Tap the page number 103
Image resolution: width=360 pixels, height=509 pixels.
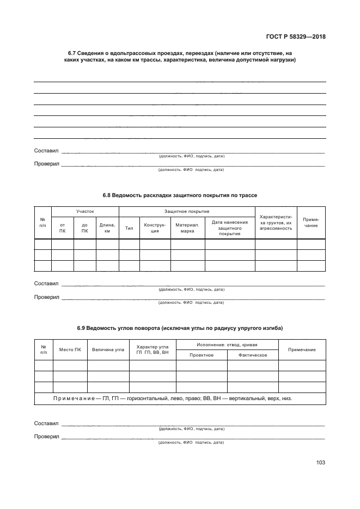point(320,463)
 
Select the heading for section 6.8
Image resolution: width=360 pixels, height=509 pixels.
point(180,195)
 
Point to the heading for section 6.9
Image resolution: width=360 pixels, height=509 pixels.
point(180,328)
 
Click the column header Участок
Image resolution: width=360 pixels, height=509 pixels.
point(85,211)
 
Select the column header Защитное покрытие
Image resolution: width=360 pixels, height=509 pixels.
point(187,211)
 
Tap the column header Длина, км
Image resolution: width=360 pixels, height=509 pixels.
point(107,228)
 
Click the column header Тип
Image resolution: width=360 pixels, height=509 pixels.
point(129,228)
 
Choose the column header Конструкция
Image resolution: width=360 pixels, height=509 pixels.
point(155,228)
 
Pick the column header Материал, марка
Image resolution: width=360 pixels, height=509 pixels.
point(187,228)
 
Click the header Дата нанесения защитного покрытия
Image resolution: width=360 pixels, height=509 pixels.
point(230,228)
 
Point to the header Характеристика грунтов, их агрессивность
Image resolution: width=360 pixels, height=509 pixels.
point(276,222)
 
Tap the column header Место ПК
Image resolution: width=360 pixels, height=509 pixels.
point(70,349)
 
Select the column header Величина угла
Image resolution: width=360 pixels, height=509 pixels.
point(108,349)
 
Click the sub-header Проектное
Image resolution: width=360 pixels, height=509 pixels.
point(202,355)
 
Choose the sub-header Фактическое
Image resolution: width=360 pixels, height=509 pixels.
point(253,355)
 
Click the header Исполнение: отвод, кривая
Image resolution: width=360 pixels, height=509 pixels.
point(227,345)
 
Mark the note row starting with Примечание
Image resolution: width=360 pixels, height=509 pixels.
point(172,398)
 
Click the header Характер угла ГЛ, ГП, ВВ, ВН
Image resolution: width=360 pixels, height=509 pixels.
point(152,349)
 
